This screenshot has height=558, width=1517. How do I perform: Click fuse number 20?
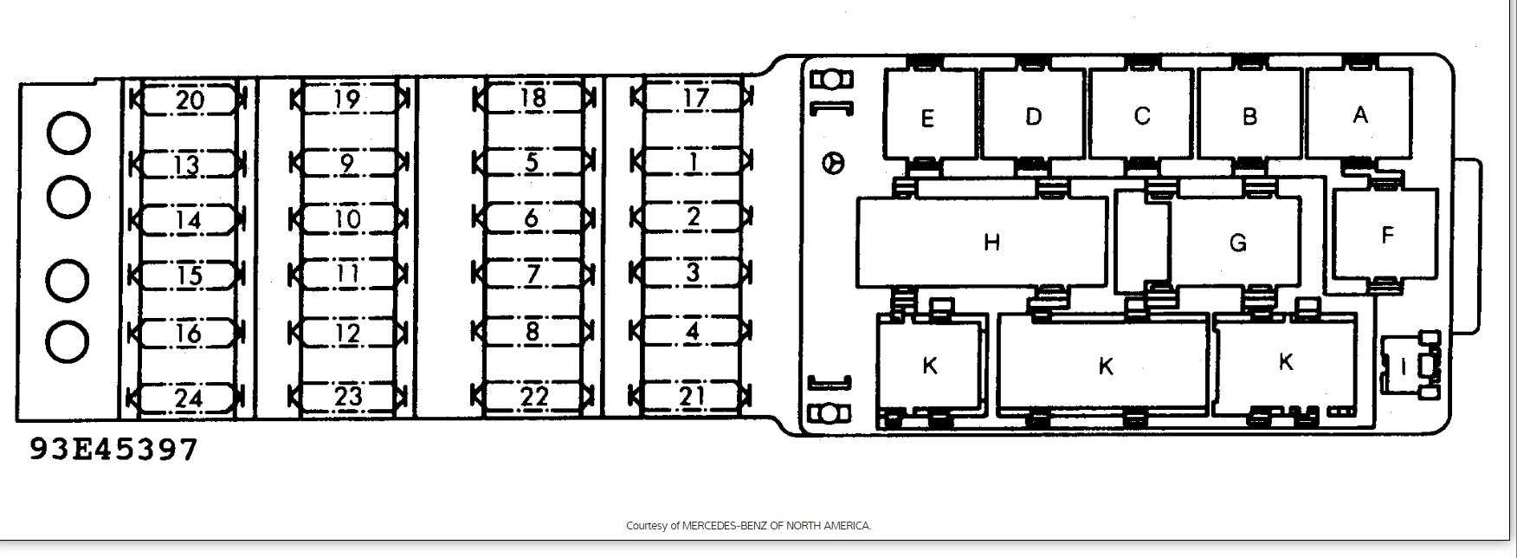tap(190, 100)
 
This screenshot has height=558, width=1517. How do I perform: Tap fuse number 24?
tap(188, 398)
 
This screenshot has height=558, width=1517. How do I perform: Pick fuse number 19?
tap(347, 99)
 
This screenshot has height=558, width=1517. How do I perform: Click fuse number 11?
tap(347, 274)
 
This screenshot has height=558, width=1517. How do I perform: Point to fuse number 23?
tap(347, 397)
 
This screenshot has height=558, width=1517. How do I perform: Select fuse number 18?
tap(534, 98)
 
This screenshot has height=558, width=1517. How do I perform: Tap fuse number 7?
tap(533, 274)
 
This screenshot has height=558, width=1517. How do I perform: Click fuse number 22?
tap(534, 396)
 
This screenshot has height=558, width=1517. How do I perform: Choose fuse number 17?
tap(694, 97)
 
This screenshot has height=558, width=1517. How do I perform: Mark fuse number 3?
tap(693, 273)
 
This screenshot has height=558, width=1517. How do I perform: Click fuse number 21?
tap(693, 396)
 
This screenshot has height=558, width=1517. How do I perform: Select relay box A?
tap(1359, 114)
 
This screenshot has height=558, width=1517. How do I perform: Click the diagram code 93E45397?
tap(113, 450)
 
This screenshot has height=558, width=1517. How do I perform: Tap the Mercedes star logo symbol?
tap(834, 163)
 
